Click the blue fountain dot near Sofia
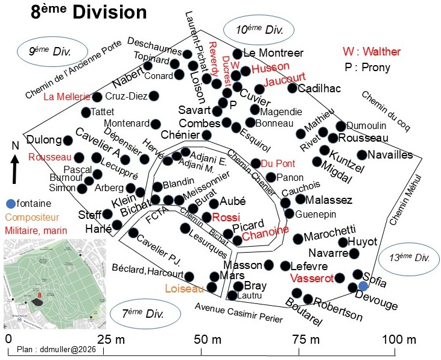pos(363,286)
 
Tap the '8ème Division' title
pos(89,13)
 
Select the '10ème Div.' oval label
pos(259,30)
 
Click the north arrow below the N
pos(15,169)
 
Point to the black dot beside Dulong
pos(68,141)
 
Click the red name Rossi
pos(226,217)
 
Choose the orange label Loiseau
pos(184,288)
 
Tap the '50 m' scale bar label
pos(208,339)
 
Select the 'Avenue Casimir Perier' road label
pos(239,312)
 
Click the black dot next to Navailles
pos(362,154)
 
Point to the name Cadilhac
pos(319,88)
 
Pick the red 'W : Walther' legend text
pos(372,51)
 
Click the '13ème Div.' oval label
pos(409,257)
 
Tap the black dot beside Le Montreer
pos(238,54)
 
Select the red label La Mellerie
pos(67,96)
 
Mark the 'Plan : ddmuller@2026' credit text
pos(56,349)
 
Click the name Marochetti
pos(329,233)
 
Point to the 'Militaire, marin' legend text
pos(36,231)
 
